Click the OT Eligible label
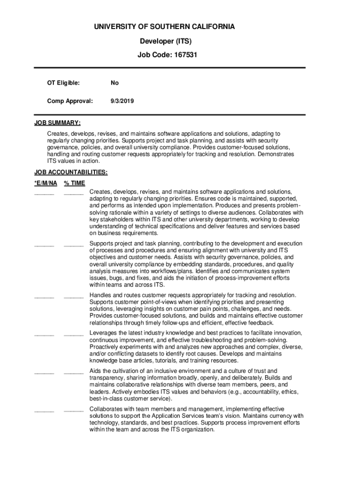[63, 83]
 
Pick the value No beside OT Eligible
[115, 83]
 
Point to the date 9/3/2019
[122, 101]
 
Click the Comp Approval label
[70, 101]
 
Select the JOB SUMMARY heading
[58, 123]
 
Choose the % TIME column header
[74, 183]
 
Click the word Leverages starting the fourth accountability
[103, 333]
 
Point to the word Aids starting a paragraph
[95, 371]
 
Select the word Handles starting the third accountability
[101, 295]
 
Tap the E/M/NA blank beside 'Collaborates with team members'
[44, 411]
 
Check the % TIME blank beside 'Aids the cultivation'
[73, 373]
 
